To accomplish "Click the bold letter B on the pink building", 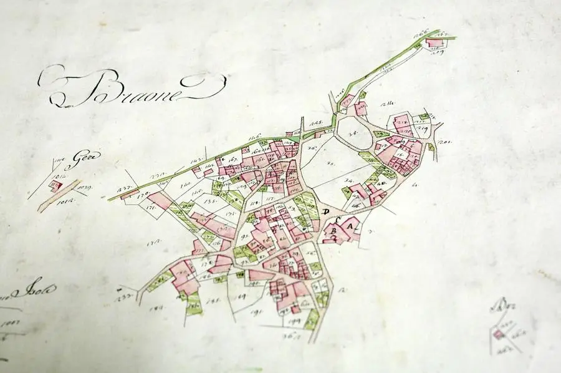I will pyautogui.click(x=333, y=231).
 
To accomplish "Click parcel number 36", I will pyautogui.click(x=310, y=148).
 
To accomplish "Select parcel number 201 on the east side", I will pyautogui.click(x=444, y=143).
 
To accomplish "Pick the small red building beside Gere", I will pyautogui.click(x=58, y=185).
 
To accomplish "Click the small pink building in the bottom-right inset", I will pyautogui.click(x=498, y=335).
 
